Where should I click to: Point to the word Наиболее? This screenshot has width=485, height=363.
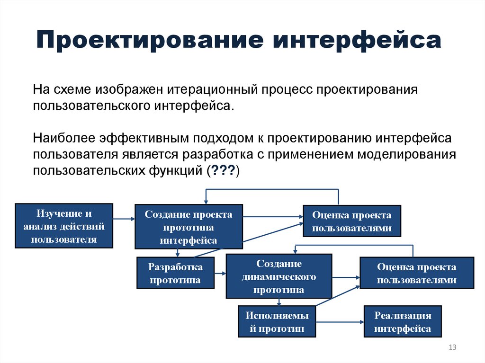(64, 138)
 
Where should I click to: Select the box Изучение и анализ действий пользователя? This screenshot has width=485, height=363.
(64, 226)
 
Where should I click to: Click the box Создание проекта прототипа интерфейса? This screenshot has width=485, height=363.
(189, 227)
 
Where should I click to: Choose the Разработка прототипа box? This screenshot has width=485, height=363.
(176, 273)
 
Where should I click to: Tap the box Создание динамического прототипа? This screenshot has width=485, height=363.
(279, 276)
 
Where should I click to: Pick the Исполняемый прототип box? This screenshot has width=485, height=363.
(277, 322)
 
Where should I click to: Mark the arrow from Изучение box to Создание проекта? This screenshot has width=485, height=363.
(124, 219)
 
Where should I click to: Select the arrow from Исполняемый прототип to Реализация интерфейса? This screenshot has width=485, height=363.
(340, 322)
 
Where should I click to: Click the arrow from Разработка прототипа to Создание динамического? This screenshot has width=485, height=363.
(220, 273)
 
